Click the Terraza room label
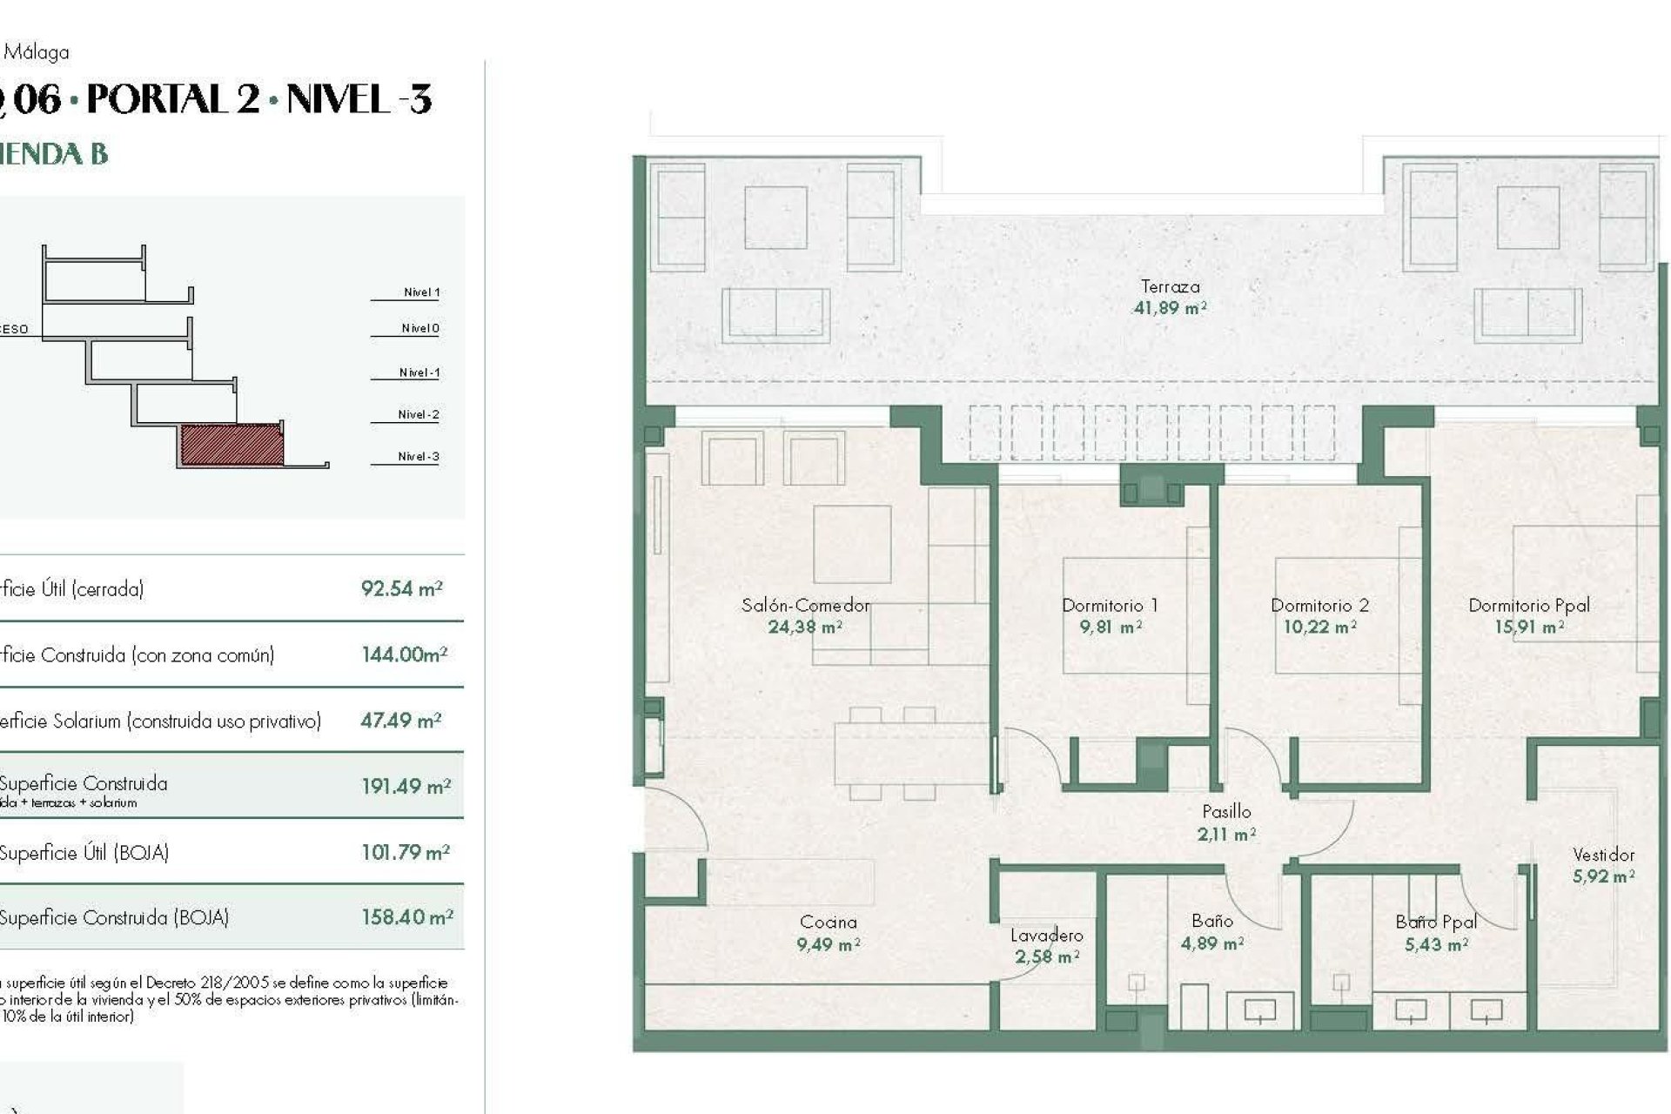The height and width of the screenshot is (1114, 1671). [1169, 286]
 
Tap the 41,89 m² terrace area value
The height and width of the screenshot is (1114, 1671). [1169, 308]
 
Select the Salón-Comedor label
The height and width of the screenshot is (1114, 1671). [805, 605]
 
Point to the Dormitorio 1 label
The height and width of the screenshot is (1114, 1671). [1110, 605]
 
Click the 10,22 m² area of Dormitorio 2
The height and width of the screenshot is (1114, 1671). [1319, 627]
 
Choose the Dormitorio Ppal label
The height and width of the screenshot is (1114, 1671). [1528, 605]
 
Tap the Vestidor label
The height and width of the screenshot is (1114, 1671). [1603, 855]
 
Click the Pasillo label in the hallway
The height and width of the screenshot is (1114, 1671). [1226, 812]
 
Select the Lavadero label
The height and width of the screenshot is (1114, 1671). [1047, 936]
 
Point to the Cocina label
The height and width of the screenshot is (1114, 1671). [828, 922]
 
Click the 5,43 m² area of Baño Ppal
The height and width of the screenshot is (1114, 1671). [1435, 944]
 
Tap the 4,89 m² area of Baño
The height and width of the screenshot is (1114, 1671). [1211, 943]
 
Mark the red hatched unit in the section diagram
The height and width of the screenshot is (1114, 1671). [232, 445]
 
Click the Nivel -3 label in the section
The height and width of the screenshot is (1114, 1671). [418, 456]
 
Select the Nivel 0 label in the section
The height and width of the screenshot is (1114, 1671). [419, 328]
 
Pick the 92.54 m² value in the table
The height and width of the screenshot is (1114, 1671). [401, 589]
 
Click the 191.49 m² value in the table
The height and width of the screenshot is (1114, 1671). [406, 787]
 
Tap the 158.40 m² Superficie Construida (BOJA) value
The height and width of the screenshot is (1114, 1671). [406, 917]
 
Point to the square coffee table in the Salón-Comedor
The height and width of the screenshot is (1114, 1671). [852, 544]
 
